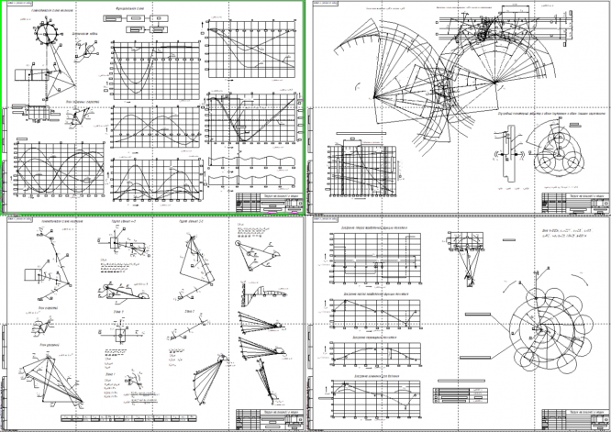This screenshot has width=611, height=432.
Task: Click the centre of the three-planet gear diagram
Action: coord(559,158)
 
